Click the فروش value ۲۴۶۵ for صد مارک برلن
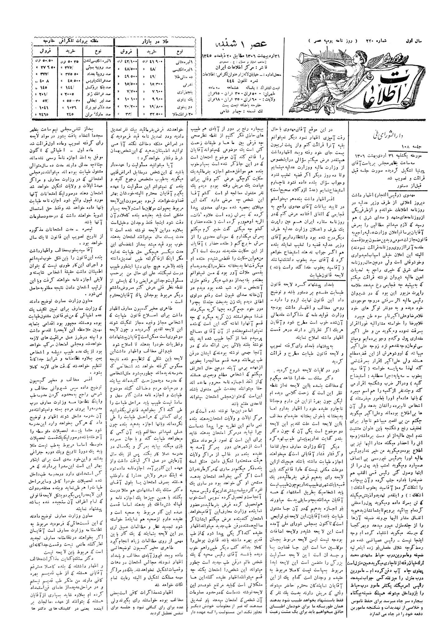tap(43, 115)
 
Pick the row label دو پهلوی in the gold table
tap(181, 107)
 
